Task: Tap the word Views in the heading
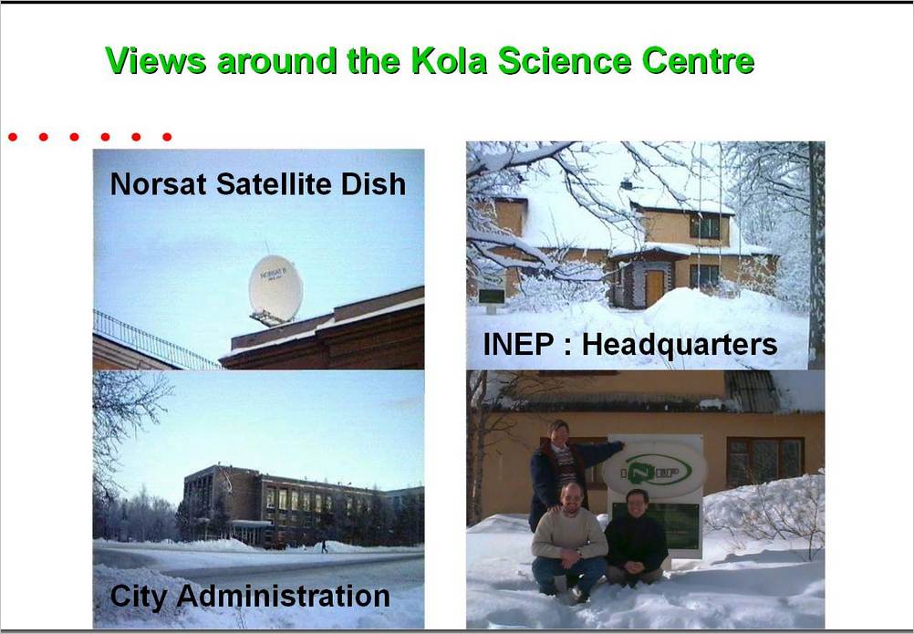click(156, 60)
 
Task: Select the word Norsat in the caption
click(158, 184)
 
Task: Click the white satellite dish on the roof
click(275, 289)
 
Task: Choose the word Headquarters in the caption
click(679, 345)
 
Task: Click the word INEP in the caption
click(517, 345)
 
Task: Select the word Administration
click(284, 596)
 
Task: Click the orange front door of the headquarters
click(655, 288)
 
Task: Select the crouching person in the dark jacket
click(636, 536)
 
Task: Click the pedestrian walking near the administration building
click(324, 546)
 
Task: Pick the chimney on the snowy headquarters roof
click(627, 184)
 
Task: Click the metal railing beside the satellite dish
click(153, 341)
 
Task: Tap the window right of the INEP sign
click(764, 463)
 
